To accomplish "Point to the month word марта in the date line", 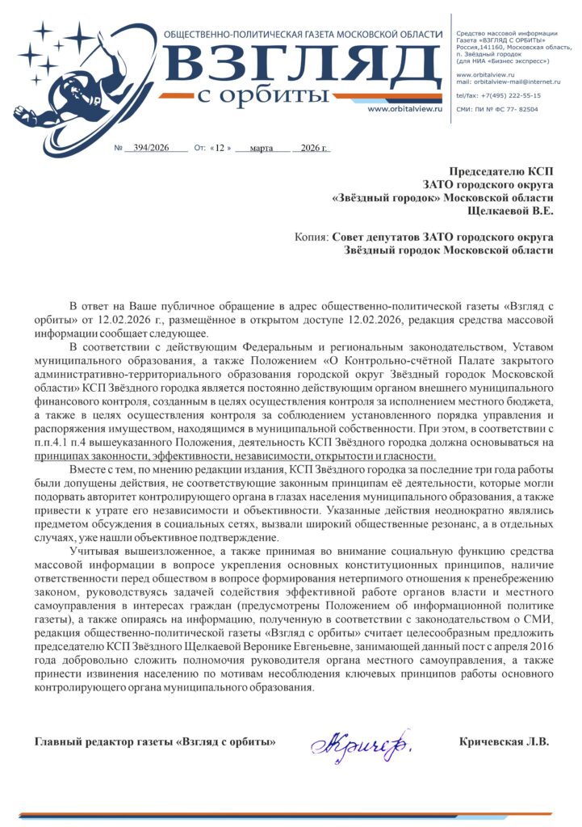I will (262, 149).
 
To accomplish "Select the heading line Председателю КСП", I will (501, 171).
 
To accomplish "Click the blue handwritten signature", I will (360, 742).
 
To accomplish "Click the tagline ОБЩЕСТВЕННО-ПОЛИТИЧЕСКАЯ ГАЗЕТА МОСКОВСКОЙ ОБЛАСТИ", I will (303, 34).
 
